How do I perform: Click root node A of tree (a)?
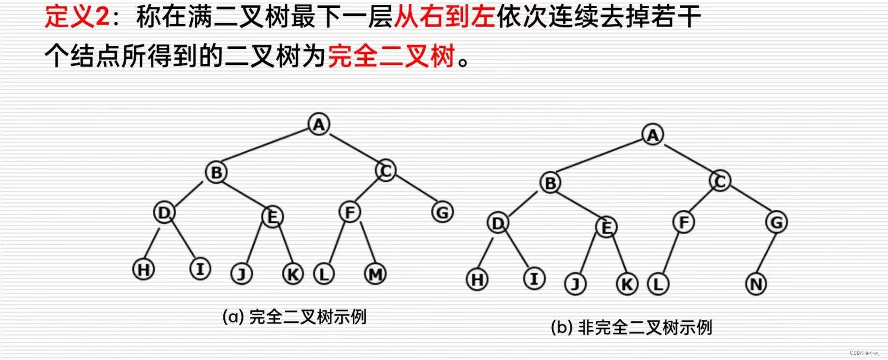pyautogui.click(x=319, y=124)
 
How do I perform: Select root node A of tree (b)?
pyautogui.click(x=653, y=135)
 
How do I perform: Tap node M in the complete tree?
pyautogui.click(x=375, y=274)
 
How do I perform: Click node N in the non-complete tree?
pyautogui.click(x=756, y=284)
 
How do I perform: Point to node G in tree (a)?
pyautogui.click(x=442, y=213)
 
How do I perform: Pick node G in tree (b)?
pyautogui.click(x=776, y=223)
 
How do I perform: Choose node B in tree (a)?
pyautogui.click(x=216, y=173)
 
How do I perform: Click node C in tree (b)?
pyautogui.click(x=720, y=181)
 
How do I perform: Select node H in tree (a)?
pyautogui.click(x=143, y=270)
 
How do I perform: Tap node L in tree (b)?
pyautogui.click(x=658, y=284)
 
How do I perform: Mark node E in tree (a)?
pyautogui.click(x=272, y=216)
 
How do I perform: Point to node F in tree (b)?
pyautogui.click(x=684, y=223)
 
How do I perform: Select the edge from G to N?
pyautogui.click(x=766, y=253)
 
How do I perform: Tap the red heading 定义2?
pyautogui.click(x=77, y=17)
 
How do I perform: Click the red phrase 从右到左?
pyautogui.click(x=444, y=17)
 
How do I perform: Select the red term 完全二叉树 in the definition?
pyautogui.click(x=391, y=56)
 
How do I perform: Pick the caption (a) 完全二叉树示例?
pyautogui.click(x=294, y=317)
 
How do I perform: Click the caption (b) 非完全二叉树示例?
pyautogui.click(x=631, y=328)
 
